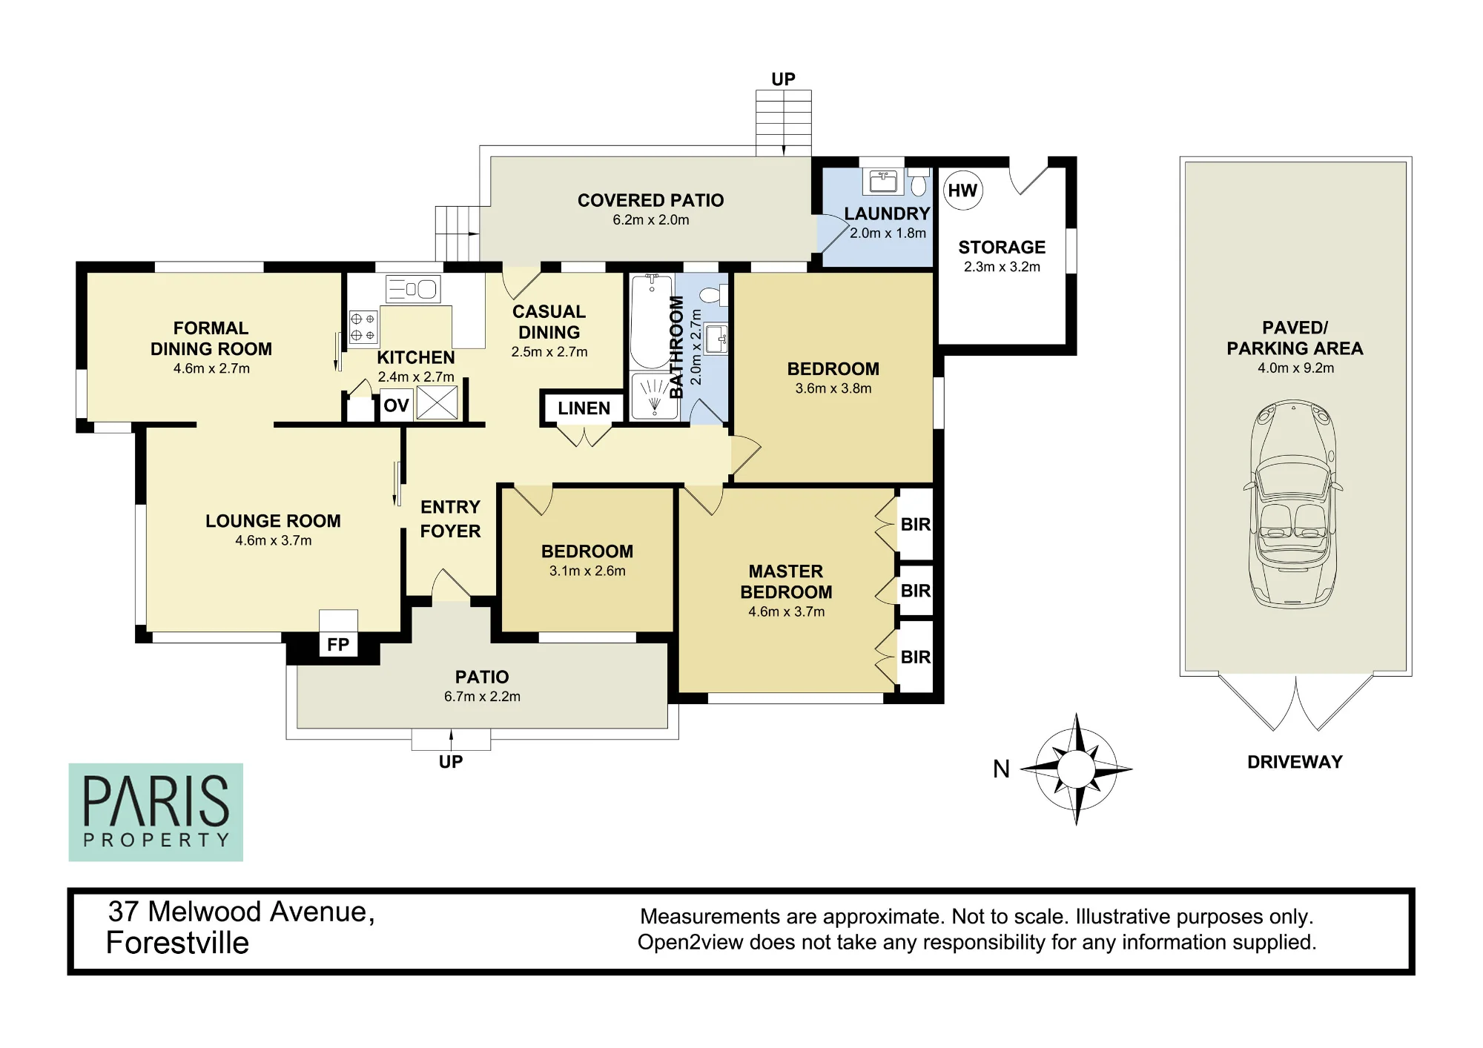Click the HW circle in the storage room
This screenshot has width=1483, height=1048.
pyautogui.click(x=962, y=190)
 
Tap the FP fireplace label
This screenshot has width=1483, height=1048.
pyautogui.click(x=338, y=644)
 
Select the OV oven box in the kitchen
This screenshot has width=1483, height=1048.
pyautogui.click(x=396, y=405)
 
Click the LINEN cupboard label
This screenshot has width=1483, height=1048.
pyautogui.click(x=584, y=408)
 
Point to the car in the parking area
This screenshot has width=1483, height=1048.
pyautogui.click(x=1293, y=504)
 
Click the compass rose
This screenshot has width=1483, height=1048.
pyautogui.click(x=1076, y=769)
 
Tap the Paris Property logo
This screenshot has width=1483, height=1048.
pyautogui.click(x=156, y=812)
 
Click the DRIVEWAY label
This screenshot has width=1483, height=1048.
pyautogui.click(x=1295, y=762)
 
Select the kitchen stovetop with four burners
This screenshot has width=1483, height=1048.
pyautogui.click(x=363, y=327)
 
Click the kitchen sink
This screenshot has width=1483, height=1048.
pyautogui.click(x=413, y=289)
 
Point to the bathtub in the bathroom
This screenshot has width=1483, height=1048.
pyautogui.click(x=652, y=322)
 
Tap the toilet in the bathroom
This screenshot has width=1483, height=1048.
pyautogui.click(x=713, y=296)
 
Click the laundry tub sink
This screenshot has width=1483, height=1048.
pyautogui.click(x=883, y=181)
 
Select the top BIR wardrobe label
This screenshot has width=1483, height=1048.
pyautogui.click(x=916, y=525)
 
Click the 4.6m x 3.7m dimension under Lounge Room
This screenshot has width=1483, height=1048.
pyautogui.click(x=274, y=540)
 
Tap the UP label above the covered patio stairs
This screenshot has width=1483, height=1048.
pyautogui.click(x=783, y=79)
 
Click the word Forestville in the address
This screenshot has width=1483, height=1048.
pyautogui.click(x=177, y=943)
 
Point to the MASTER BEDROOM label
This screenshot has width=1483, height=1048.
pyautogui.click(x=786, y=582)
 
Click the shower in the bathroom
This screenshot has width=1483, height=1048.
pyautogui.click(x=654, y=395)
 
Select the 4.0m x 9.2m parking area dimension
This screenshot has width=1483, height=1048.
pyautogui.click(x=1295, y=368)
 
